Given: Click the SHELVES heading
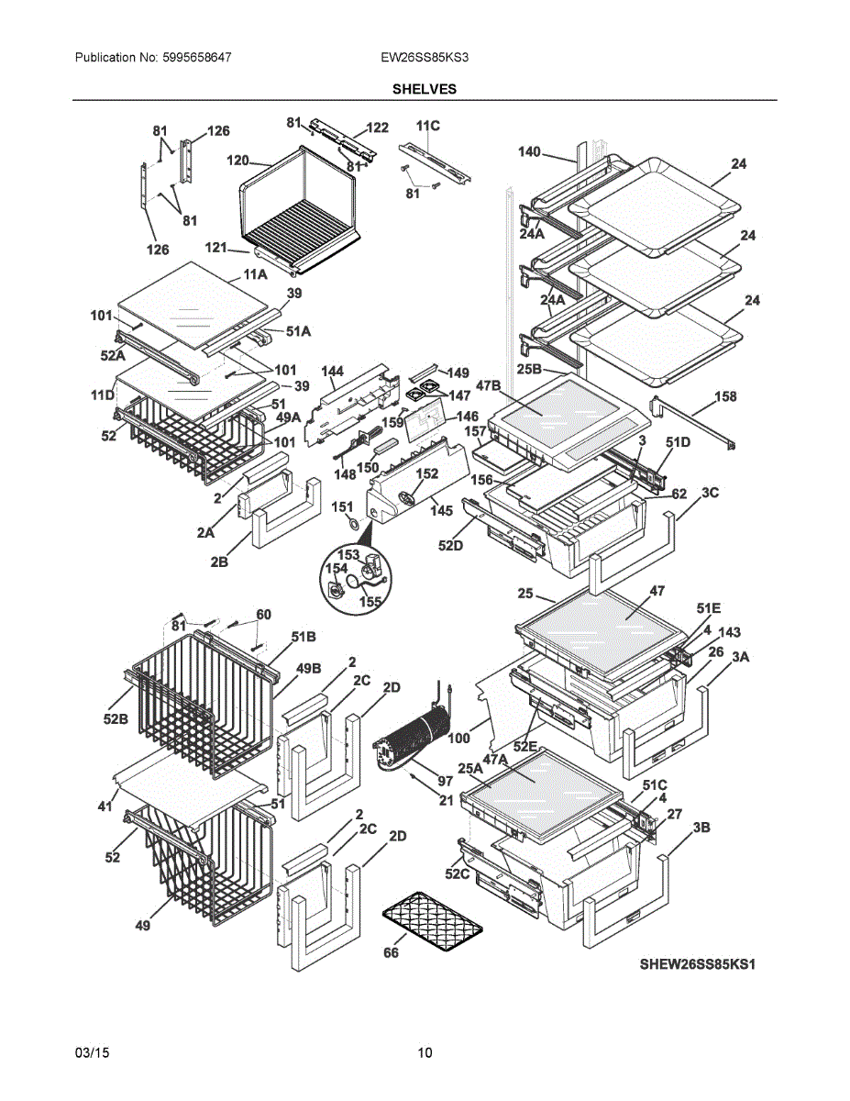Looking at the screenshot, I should [x=425, y=89].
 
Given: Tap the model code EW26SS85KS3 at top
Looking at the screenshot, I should [x=425, y=57].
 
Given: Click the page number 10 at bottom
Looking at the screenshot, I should [x=425, y=1052].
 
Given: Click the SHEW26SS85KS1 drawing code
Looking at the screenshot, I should [x=701, y=964].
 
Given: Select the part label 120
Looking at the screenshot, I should [x=237, y=161].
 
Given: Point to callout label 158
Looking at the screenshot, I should [x=725, y=396].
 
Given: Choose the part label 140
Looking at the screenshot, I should [x=529, y=151].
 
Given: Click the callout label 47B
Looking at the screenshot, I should [x=488, y=385].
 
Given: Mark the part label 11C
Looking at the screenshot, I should [x=427, y=126].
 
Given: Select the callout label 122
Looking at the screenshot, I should [x=377, y=128].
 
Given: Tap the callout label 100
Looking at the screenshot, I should [x=458, y=737].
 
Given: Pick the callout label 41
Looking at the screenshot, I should [x=105, y=806].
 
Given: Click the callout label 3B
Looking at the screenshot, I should [x=701, y=828].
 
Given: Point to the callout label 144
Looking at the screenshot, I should [x=332, y=372].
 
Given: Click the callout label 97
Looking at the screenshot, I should [x=445, y=781].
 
